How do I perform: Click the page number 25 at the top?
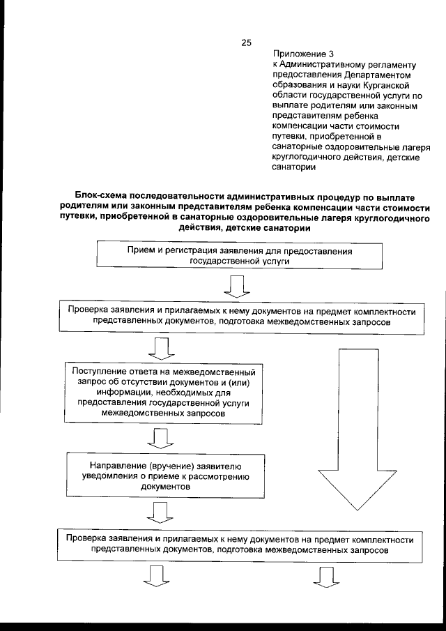(x=245, y=43)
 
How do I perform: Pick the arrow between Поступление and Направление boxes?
(x=162, y=437)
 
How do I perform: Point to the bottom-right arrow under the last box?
(x=328, y=577)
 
